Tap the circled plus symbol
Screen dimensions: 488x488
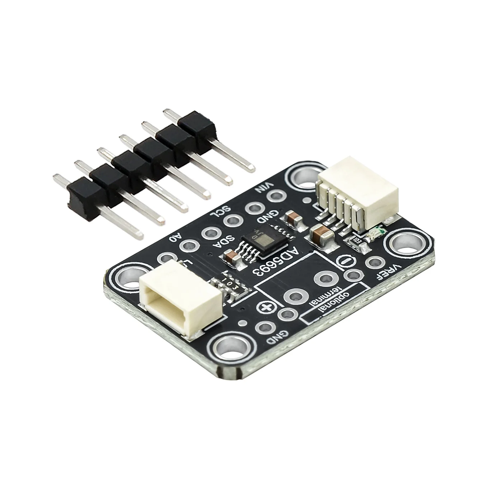click(x=267, y=307)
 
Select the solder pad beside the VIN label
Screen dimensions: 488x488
click(x=276, y=196)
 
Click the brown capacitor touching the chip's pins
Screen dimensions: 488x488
click(x=230, y=256)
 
